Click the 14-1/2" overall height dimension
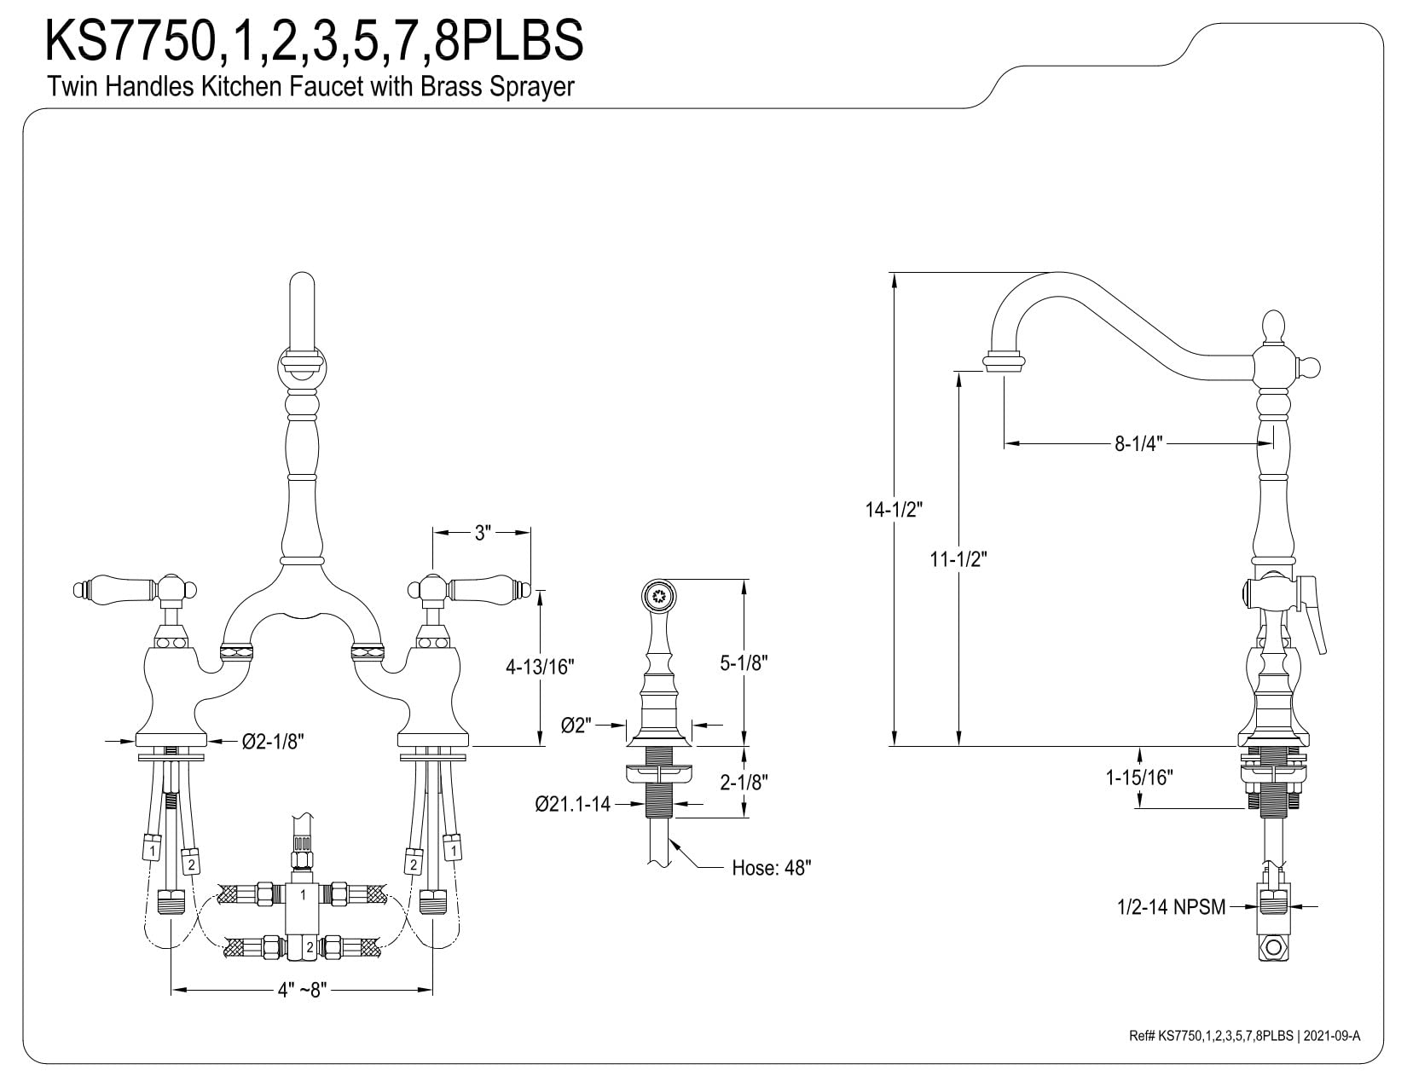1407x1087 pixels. pos(894,510)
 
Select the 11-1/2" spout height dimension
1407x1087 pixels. pos(958,558)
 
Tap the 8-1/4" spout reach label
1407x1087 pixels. pos(1139,444)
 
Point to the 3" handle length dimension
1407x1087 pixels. pos(483,533)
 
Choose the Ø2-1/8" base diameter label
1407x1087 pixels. pos(273,741)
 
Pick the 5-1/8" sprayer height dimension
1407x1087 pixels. pos(744,663)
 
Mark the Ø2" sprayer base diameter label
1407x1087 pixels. pos(576,726)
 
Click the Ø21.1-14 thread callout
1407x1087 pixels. pos(572,805)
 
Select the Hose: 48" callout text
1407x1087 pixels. pos(771,868)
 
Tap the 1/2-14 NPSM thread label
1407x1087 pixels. pos(1172,907)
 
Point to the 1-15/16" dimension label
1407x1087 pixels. pos(1139,778)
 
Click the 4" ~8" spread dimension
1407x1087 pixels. pos(303,990)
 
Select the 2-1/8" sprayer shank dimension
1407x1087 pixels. pos(744,783)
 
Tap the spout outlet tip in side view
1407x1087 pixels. pos(1005,361)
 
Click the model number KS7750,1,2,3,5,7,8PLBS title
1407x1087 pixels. pos(314,40)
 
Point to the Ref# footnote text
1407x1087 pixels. pos(1244,1054)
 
